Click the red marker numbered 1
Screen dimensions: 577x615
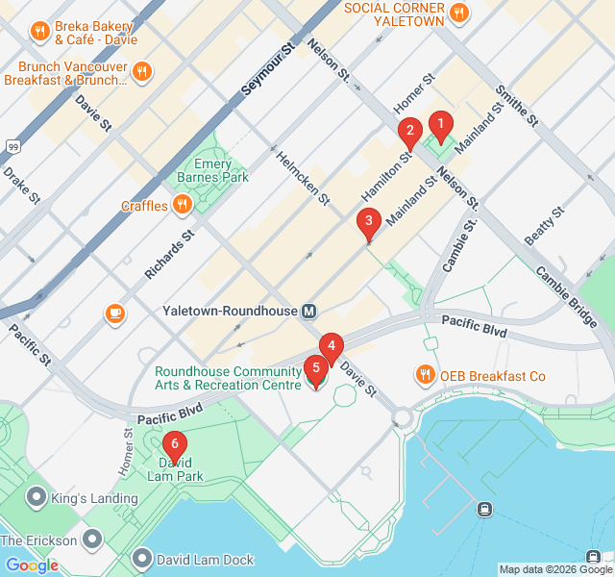click(440, 124)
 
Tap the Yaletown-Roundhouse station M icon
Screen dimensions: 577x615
click(309, 312)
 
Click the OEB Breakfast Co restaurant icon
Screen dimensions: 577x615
click(424, 374)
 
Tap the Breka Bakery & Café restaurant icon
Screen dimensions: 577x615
click(40, 30)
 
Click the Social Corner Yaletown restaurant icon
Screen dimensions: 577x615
click(460, 13)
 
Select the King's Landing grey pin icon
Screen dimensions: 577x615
click(37, 497)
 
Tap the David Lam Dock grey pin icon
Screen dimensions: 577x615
click(143, 558)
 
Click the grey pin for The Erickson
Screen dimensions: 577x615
click(93, 539)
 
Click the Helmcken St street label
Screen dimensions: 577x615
click(303, 179)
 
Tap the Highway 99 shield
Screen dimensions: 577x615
click(12, 146)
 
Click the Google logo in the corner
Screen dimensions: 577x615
click(33, 565)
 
